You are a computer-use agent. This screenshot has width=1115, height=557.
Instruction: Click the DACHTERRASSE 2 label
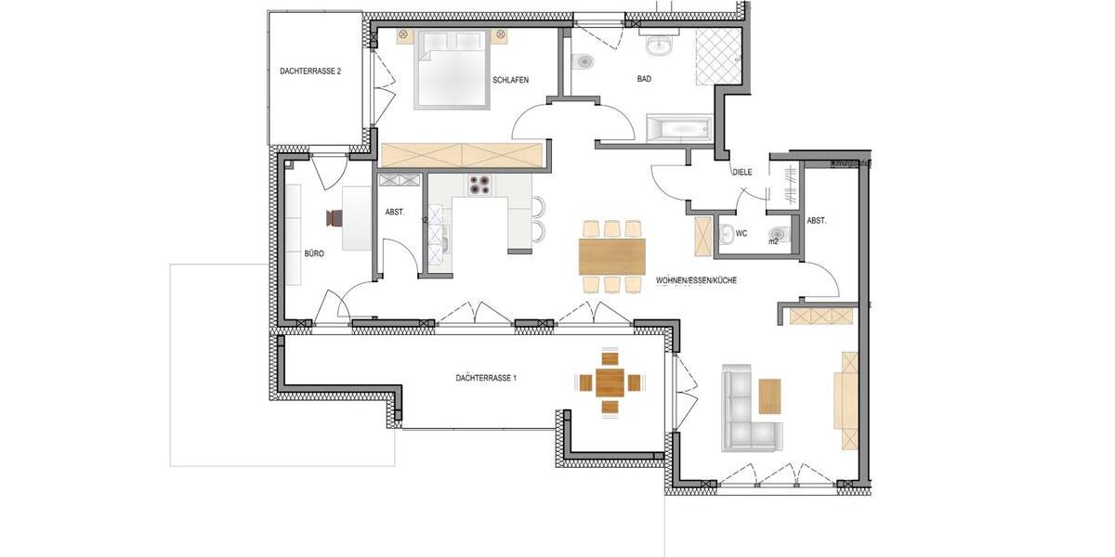310,71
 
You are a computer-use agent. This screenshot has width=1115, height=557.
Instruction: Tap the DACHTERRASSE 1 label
486,378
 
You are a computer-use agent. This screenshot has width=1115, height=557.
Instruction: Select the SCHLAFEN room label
510,80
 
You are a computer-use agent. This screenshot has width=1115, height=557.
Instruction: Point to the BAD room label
644,79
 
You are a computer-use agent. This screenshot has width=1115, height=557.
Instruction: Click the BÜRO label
314,253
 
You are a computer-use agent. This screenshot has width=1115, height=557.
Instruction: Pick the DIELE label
741,172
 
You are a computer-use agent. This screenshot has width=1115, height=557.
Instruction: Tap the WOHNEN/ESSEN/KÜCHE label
696,280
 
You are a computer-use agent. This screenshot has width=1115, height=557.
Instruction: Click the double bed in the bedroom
452,68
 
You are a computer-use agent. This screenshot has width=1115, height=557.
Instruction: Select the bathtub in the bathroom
677,128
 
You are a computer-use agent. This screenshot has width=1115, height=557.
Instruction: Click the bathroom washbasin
661,44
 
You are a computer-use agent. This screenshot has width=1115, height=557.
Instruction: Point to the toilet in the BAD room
584,62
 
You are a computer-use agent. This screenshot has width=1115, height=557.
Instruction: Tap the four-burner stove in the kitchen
479,186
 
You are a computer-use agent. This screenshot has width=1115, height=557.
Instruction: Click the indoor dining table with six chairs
611,256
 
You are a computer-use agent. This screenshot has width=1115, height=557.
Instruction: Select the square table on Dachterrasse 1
610,382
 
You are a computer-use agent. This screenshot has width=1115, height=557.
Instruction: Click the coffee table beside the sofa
770,395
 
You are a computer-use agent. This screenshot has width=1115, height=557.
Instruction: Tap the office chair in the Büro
334,218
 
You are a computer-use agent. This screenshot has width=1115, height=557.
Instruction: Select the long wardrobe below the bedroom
462,155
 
